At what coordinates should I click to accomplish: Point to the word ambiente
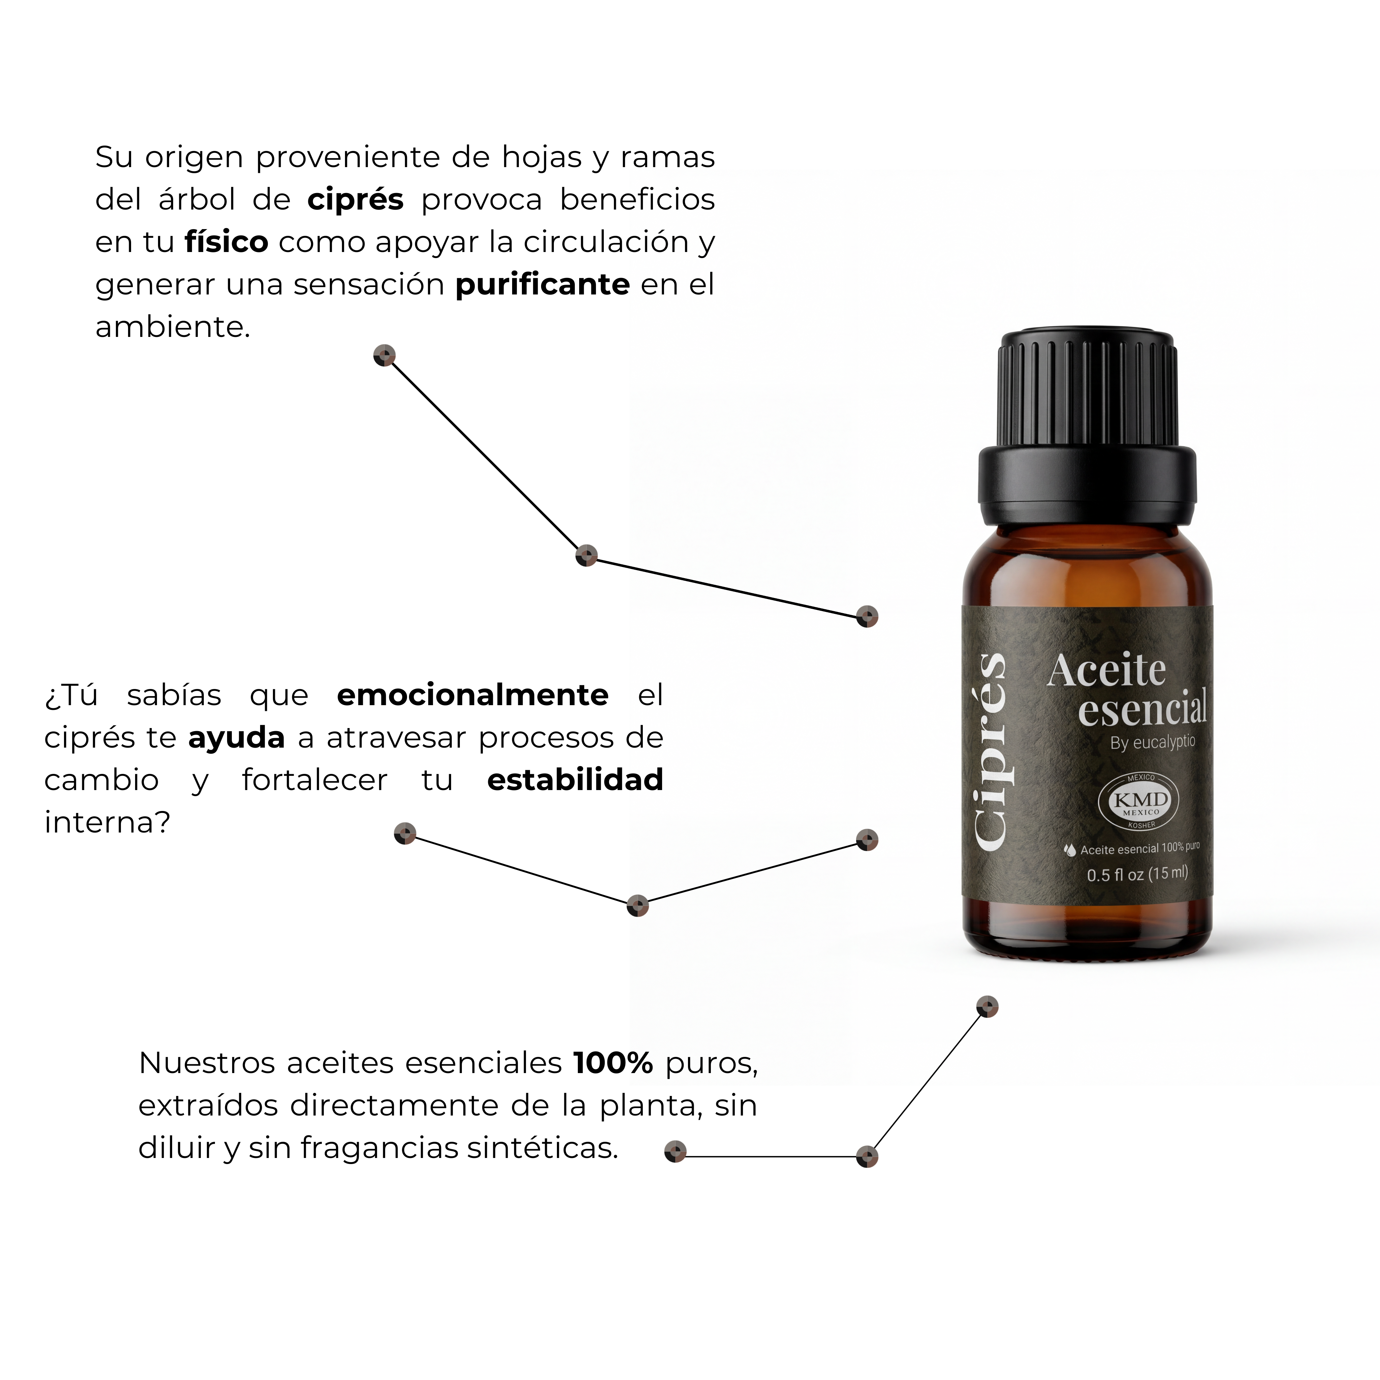coord(173,327)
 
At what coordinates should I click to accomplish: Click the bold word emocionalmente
coord(472,695)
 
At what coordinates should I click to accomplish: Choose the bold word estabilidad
coord(575,779)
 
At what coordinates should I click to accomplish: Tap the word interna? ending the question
coord(107,822)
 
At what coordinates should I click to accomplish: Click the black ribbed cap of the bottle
coord(1087,428)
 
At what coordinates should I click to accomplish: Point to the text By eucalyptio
coord(1152,742)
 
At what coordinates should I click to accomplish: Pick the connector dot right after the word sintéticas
coord(675,1152)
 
